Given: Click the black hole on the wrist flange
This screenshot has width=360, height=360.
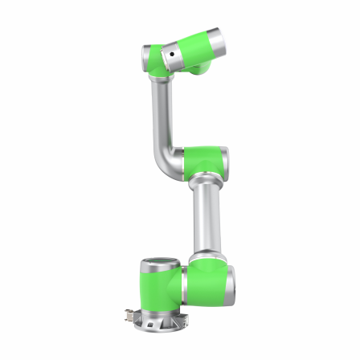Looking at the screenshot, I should pos(170,54).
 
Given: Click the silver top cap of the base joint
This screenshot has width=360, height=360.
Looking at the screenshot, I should pos(157,265).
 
